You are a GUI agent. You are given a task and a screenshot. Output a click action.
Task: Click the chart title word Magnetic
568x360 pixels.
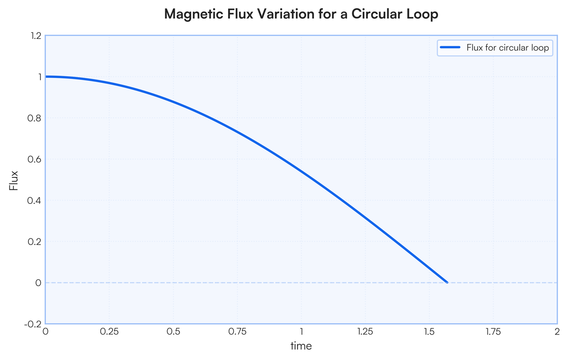click(x=190, y=15)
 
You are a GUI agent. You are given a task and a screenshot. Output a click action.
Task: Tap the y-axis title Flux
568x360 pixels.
click(x=14, y=180)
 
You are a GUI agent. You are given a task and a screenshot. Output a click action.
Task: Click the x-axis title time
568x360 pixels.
click(x=301, y=346)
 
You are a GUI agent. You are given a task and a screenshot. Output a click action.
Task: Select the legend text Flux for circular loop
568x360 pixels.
click(x=507, y=47)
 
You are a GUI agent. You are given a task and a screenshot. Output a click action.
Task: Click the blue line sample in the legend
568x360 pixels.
click(x=450, y=47)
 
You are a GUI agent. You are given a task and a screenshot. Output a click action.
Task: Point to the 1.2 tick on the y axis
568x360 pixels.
click(x=35, y=35)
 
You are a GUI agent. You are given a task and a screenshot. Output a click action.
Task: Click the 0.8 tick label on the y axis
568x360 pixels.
click(x=35, y=118)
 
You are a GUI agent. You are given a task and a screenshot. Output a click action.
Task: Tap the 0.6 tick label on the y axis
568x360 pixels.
click(x=35, y=159)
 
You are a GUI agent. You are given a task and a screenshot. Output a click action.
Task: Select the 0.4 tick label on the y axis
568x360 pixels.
click(x=35, y=200)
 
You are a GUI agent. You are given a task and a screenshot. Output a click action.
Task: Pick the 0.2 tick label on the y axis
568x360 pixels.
click(x=35, y=241)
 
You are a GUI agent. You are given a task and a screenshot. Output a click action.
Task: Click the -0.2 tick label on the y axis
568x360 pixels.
click(x=33, y=324)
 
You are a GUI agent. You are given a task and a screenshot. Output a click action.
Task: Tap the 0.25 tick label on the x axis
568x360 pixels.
click(x=109, y=332)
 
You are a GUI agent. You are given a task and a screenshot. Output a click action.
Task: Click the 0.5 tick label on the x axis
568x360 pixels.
click(x=173, y=332)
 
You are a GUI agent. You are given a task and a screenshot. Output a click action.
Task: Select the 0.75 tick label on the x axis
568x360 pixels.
click(x=237, y=332)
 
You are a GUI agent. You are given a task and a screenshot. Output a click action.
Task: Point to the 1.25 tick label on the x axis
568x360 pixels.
click(x=365, y=332)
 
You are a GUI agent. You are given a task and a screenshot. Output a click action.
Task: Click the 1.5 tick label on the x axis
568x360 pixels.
click(x=429, y=332)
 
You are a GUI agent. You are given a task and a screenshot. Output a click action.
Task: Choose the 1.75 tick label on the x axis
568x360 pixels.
click(x=493, y=332)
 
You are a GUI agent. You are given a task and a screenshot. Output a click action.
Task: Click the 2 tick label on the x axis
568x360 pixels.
click(x=557, y=332)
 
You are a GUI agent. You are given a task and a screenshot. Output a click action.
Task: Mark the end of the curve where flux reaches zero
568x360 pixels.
click(x=447, y=282)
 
